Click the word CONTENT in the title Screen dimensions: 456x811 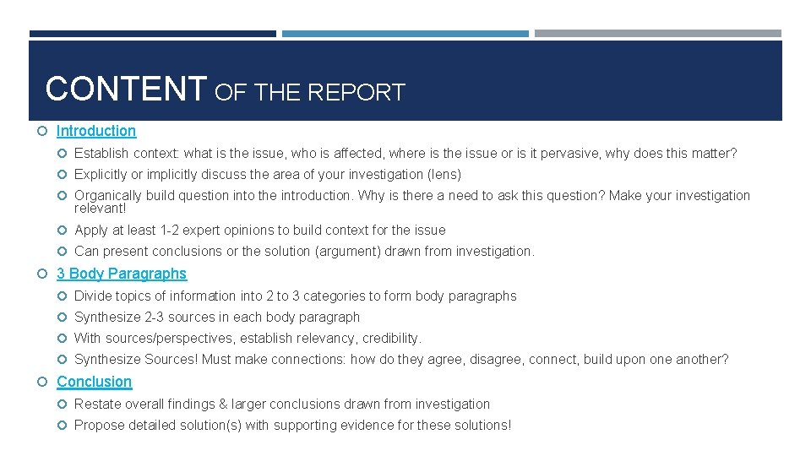126,89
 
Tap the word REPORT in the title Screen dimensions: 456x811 356,92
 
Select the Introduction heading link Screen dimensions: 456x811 95,131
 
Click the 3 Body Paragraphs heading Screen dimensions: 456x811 121,274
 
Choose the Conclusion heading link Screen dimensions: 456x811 94,382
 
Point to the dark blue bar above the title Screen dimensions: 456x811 152,34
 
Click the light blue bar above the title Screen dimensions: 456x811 405,34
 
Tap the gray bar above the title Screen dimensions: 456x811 657,34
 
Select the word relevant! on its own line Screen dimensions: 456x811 100,208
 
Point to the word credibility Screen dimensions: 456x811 390,339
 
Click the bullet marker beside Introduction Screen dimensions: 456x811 43,132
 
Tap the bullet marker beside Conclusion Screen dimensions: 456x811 43,383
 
